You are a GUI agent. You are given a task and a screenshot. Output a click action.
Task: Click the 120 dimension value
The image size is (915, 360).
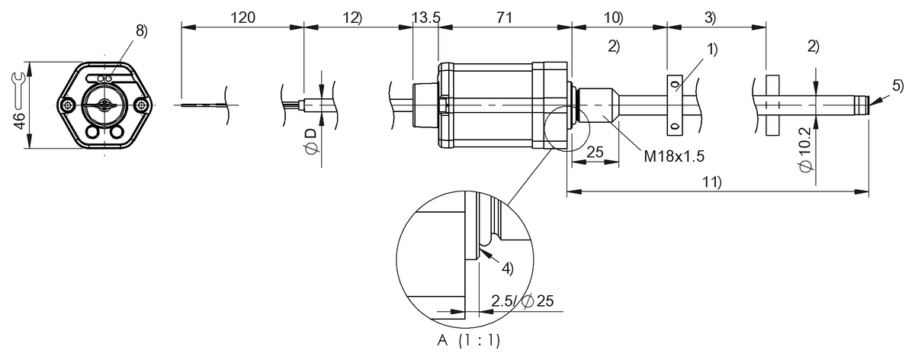(242, 16)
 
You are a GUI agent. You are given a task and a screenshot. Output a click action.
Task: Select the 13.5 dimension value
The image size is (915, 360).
(425, 16)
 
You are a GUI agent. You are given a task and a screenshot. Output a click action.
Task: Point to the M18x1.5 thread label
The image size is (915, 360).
(673, 156)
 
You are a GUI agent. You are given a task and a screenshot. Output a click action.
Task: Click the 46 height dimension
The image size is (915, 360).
(19, 120)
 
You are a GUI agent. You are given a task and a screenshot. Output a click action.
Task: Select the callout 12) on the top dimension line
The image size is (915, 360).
(352, 16)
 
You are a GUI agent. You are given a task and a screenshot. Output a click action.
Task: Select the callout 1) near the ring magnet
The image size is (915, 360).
(711, 50)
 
